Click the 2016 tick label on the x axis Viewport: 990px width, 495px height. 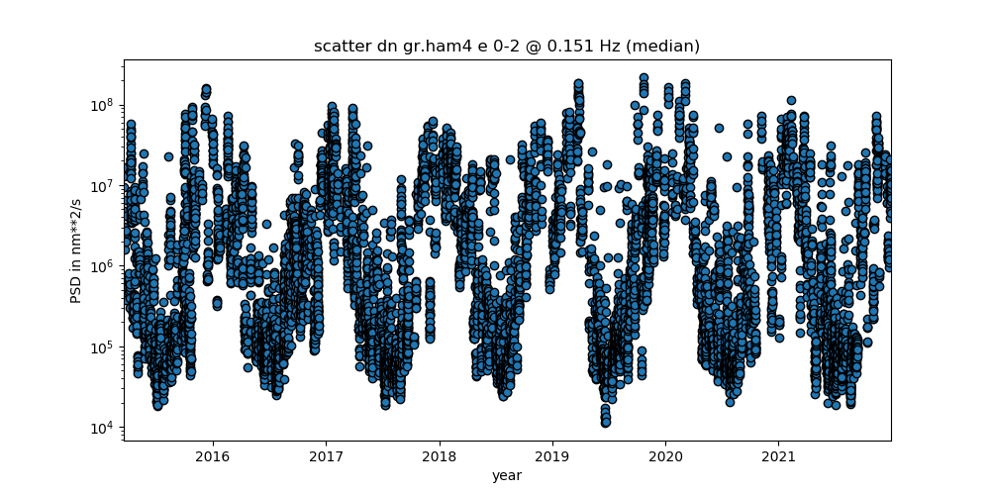pos(213,455)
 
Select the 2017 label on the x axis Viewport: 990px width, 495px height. pos(326,455)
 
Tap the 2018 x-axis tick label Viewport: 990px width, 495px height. pos(440,455)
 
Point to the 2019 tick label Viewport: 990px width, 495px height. pos(552,455)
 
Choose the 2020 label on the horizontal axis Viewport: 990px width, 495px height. pos(665,455)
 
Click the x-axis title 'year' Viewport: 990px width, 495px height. pos(507,475)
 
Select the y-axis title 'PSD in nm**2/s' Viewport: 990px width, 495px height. pos(76,250)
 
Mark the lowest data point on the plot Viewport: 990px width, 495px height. pos(606,423)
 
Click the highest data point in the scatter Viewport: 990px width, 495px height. pos(643,78)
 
